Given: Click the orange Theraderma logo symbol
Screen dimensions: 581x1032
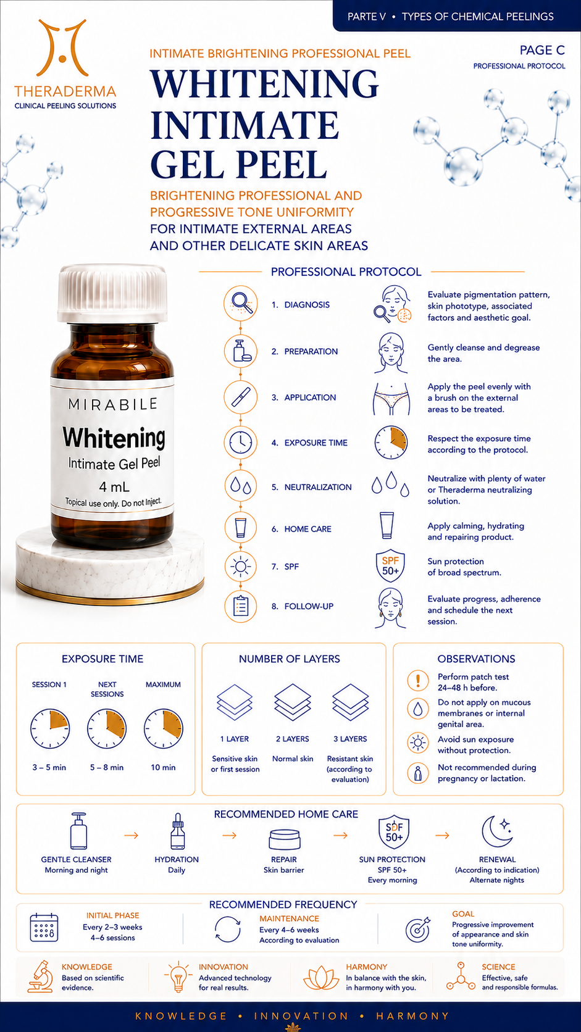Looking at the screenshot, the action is pyautogui.click(x=62, y=48).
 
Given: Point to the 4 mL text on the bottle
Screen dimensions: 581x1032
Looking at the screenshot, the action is pyautogui.click(x=114, y=486).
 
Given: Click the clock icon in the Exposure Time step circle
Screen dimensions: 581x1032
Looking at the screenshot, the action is pyautogui.click(x=241, y=443).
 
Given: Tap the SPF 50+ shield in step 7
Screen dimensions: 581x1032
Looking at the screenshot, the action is pyautogui.click(x=390, y=566).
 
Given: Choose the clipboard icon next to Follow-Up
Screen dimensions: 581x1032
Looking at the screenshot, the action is pyautogui.click(x=241, y=606).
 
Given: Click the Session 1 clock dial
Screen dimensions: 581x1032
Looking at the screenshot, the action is pyautogui.click(x=50, y=728).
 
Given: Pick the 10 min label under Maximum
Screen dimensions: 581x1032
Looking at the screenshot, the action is pyautogui.click(x=163, y=768).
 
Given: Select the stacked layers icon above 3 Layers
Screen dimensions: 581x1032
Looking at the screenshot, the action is pyautogui.click(x=350, y=702).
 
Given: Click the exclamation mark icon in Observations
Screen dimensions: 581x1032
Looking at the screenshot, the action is pyautogui.click(x=418, y=680).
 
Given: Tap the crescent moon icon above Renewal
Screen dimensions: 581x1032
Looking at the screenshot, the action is pyautogui.click(x=497, y=831).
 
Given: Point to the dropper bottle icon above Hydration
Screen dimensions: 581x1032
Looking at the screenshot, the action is pyautogui.click(x=177, y=831).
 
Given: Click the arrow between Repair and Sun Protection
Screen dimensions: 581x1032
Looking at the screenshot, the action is pyautogui.click(x=340, y=836).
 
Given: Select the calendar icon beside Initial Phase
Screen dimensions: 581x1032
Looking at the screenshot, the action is pyautogui.click(x=44, y=927).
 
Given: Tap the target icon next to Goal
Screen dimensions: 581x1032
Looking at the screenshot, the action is pyautogui.click(x=418, y=930).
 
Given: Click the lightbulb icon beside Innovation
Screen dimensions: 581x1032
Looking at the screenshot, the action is pyautogui.click(x=178, y=976).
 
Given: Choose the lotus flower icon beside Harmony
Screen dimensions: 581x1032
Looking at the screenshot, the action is pyautogui.click(x=321, y=978).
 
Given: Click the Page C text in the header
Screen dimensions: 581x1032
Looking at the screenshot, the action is pyautogui.click(x=542, y=50).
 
